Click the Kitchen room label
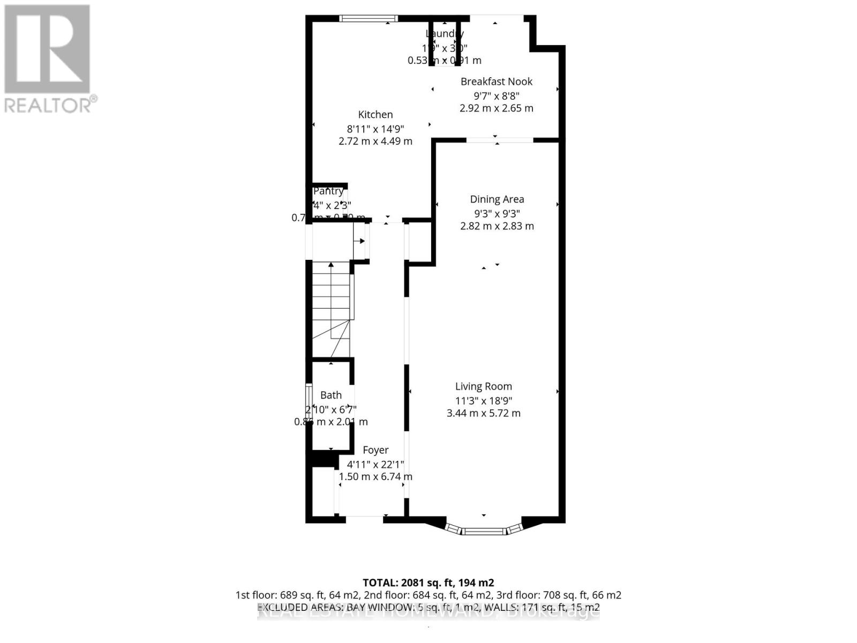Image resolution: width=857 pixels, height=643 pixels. [x=375, y=115]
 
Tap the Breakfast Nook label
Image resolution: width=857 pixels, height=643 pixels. [x=497, y=82]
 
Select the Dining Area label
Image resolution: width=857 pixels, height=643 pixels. [x=497, y=199]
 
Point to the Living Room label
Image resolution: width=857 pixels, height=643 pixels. [x=484, y=386]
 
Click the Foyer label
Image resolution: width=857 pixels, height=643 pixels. [x=375, y=450]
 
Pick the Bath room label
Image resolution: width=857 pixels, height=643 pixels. [x=331, y=395]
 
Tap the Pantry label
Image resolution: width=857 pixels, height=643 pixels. [x=328, y=191]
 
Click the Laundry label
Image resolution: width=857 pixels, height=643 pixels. [x=444, y=34]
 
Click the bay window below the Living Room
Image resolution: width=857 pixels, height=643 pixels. [x=484, y=530]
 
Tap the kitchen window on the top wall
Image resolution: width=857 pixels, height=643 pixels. [x=369, y=19]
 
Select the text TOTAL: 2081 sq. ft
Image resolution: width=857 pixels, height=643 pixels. [x=428, y=582]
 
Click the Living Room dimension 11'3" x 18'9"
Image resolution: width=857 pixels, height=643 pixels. [x=484, y=400]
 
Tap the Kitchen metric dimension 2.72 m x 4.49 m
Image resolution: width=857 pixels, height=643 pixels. [x=375, y=141]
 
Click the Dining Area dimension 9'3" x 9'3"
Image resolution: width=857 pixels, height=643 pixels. [x=497, y=213]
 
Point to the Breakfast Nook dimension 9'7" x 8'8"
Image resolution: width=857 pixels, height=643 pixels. [x=497, y=96]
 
